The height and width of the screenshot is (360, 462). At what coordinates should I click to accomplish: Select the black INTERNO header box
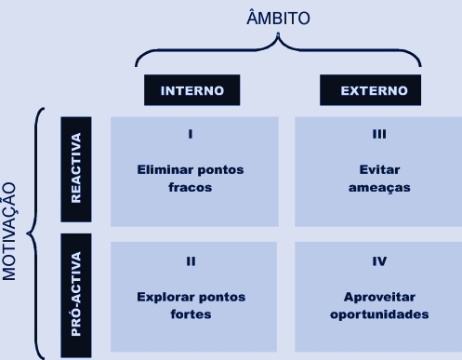(191, 90)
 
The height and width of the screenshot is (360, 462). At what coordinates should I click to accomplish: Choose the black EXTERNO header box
(371, 90)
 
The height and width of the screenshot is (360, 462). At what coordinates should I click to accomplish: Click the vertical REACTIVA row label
(76, 170)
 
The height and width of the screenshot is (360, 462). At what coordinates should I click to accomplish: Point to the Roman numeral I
(190, 134)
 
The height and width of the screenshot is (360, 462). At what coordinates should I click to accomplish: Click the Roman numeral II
(191, 261)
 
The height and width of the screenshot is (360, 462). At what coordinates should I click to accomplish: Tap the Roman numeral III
(378, 134)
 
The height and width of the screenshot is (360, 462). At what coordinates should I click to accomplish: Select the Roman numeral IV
(379, 261)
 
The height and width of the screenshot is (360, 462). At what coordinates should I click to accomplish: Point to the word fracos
(190, 187)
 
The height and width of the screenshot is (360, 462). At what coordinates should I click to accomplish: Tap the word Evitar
(378, 171)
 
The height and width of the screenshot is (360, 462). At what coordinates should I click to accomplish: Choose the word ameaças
(378, 187)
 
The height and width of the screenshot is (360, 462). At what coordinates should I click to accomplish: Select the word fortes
(191, 314)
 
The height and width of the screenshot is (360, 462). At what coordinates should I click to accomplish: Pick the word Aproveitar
(379, 298)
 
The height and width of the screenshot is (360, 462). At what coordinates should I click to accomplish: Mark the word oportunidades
(379, 314)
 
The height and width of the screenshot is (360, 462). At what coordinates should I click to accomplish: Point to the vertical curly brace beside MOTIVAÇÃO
(34, 233)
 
